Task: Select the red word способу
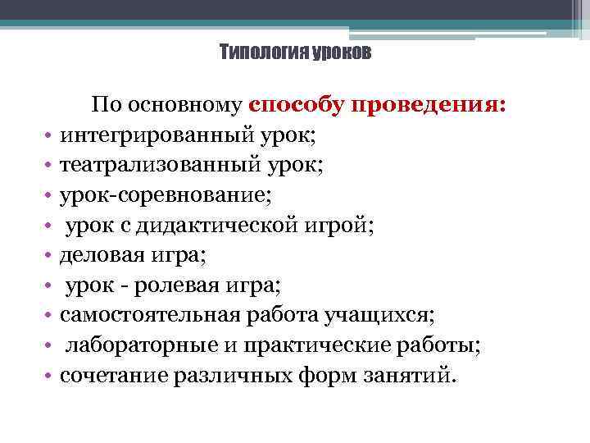[297, 106]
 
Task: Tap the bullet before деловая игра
[49, 256]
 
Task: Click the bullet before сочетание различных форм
[49, 377]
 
